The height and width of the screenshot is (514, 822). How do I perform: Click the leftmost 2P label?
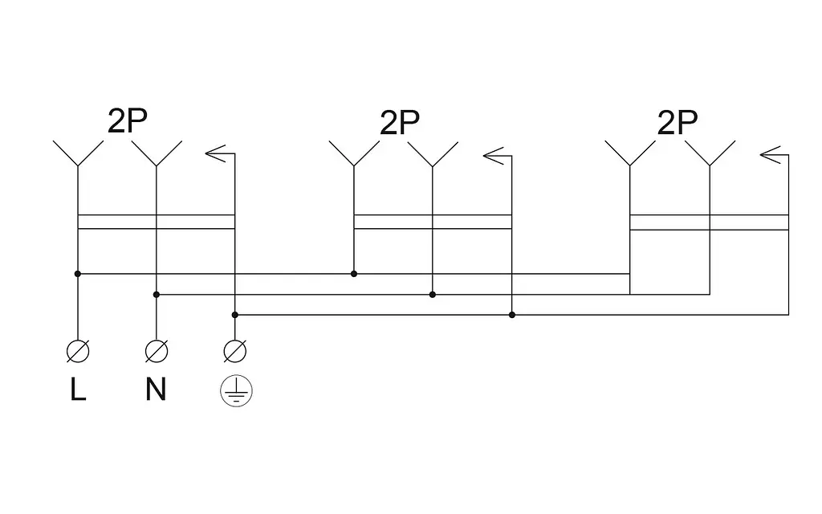tap(128, 120)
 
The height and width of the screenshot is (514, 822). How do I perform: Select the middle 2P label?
tap(400, 123)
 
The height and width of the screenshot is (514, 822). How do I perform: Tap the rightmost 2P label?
tap(678, 123)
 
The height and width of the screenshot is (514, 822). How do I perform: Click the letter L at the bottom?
tap(78, 390)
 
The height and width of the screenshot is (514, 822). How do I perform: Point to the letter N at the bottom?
tap(156, 390)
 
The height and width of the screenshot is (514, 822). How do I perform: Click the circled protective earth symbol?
tap(237, 391)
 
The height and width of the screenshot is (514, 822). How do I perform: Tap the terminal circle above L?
tap(78, 351)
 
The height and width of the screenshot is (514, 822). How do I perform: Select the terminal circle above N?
tap(157, 351)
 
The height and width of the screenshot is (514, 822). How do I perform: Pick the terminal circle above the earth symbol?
tap(235, 351)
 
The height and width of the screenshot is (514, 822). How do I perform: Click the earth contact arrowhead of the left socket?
tap(215, 153)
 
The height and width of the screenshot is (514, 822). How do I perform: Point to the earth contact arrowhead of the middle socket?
tap(493, 155)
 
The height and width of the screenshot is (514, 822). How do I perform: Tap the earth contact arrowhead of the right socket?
tap(770, 155)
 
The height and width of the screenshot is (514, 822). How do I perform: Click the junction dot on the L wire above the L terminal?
tap(78, 274)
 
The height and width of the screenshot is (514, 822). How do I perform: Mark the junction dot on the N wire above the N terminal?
tap(157, 295)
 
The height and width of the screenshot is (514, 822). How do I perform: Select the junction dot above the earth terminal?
tap(235, 315)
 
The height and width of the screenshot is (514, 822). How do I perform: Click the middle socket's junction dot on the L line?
tap(354, 274)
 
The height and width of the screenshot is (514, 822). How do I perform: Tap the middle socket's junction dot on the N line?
tap(433, 295)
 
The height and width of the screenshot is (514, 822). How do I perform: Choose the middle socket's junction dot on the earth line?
tap(512, 315)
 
